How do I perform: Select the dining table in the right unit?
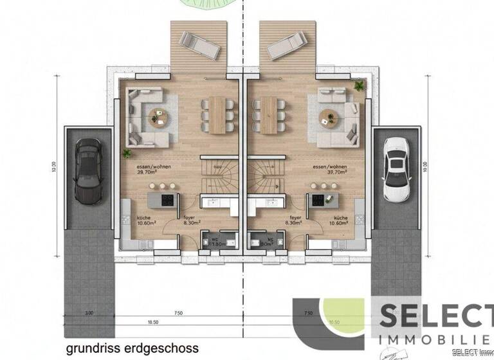pyautogui.click(x=265, y=114)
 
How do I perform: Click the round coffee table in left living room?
pyautogui.click(x=158, y=116)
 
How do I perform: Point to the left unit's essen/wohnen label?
pyautogui.click(x=149, y=169)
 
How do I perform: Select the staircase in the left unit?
pyautogui.click(x=218, y=175)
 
